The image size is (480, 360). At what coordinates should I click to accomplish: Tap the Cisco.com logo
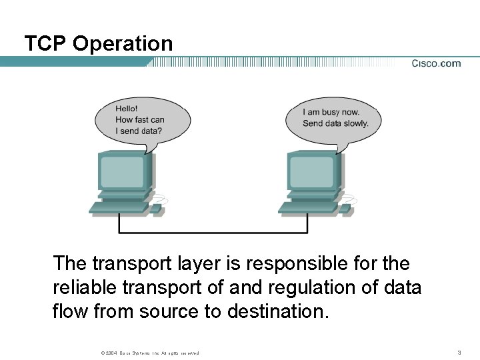pyautogui.click(x=436, y=63)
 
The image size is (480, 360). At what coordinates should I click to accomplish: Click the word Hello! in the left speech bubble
pyautogui.click(x=127, y=109)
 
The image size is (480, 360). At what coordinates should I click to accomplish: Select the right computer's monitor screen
pyautogui.click(x=311, y=171)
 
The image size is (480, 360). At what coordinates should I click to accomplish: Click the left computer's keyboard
pyautogui.click(x=118, y=207)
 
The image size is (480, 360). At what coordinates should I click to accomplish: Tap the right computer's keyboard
pyautogui.click(x=307, y=207)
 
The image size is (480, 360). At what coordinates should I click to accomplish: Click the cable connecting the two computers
pyautogui.click(x=213, y=232)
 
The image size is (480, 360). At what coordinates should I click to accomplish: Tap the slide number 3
pyautogui.click(x=459, y=352)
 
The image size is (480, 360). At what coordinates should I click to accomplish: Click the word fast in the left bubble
pyautogui.click(x=143, y=120)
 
